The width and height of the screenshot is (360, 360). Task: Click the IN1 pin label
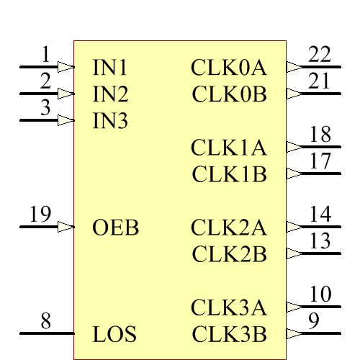[x=110, y=68]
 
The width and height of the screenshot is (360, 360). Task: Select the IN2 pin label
[x=110, y=94]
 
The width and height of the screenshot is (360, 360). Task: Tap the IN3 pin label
[x=110, y=121]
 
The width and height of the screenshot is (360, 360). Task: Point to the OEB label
[x=115, y=228]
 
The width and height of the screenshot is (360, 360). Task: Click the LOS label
[x=114, y=335]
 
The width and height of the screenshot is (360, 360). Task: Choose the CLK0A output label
[x=229, y=68]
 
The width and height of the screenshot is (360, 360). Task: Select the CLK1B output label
[x=230, y=174]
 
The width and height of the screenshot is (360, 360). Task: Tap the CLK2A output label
[x=229, y=228]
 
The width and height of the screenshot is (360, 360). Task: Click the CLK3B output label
[x=230, y=335]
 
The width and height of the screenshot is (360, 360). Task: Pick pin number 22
[x=320, y=54]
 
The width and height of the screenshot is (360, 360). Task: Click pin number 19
[x=40, y=214]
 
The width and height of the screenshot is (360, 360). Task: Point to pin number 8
[x=45, y=321]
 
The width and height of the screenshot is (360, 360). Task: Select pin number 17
[x=320, y=161]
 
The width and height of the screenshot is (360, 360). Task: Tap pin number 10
[x=320, y=294]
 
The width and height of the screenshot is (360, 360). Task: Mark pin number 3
[x=45, y=108]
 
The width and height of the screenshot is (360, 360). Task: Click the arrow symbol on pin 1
[x=66, y=66]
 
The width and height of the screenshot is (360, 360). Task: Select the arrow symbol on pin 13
[x=294, y=253]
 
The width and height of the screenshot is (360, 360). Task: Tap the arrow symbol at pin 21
[x=294, y=94]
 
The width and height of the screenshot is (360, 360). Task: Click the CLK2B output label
[x=230, y=254]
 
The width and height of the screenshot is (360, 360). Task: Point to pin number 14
[x=320, y=215]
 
